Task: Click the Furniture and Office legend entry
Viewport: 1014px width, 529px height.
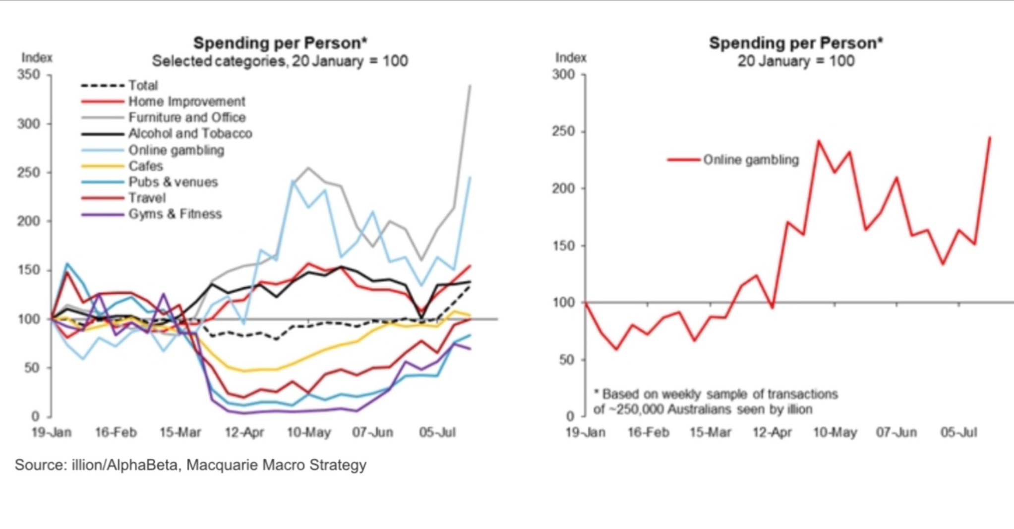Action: click(186, 118)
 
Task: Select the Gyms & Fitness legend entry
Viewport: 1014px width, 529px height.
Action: click(175, 214)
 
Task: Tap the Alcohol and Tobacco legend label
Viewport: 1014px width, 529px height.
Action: click(190, 133)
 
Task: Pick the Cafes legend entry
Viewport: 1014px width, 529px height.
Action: click(145, 166)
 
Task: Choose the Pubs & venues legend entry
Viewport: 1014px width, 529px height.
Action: click(173, 182)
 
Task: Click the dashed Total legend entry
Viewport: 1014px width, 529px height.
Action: click(142, 85)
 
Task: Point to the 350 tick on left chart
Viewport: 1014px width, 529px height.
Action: click(28, 75)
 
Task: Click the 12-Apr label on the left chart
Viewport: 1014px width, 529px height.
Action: click(244, 432)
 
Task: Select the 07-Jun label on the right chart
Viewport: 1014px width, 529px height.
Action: click(896, 432)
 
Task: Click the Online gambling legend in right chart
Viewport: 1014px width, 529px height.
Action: click(751, 160)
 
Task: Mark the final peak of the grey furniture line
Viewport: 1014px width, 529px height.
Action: click(470, 86)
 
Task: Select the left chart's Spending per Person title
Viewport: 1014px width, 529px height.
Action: click(280, 43)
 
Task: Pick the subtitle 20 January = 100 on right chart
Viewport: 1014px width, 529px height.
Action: click(796, 61)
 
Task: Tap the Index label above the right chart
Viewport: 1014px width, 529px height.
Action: click(571, 58)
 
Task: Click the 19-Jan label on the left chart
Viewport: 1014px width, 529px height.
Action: click(52, 432)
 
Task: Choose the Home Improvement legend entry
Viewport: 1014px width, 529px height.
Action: click(186, 102)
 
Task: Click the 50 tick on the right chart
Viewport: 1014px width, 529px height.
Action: click(566, 360)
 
